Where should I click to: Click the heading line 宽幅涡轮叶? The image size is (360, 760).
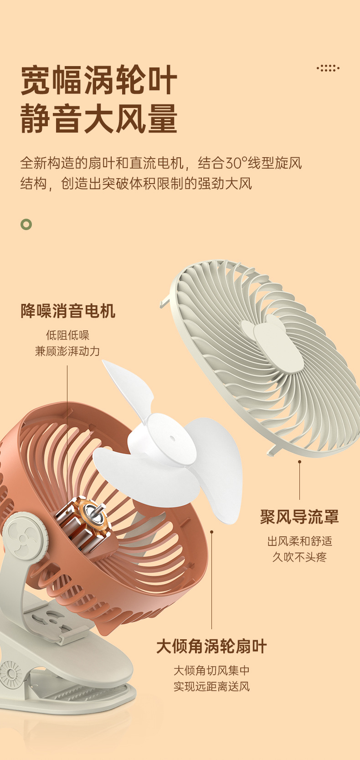pyautogui.click(x=99, y=80)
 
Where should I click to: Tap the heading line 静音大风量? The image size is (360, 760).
pyautogui.click(x=99, y=118)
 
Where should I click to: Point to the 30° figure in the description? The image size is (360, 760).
pyautogui.click(x=236, y=163)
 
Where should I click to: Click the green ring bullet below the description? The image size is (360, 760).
pyautogui.click(x=26, y=224)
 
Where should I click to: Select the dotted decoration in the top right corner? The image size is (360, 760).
pyautogui.click(x=328, y=68)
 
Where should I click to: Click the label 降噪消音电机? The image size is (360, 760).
pyautogui.click(x=68, y=311)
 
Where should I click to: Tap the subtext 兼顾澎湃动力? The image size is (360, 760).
pyautogui.click(x=67, y=351)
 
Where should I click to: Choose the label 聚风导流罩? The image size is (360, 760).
pyautogui.click(x=299, y=517)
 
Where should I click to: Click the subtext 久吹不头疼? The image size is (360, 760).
pyautogui.click(x=299, y=557)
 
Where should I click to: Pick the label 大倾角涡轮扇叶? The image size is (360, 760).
pyautogui.click(x=211, y=646)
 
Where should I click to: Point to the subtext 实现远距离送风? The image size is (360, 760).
pyautogui.click(x=211, y=686)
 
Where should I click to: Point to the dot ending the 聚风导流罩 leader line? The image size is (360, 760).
pyautogui.click(x=299, y=462)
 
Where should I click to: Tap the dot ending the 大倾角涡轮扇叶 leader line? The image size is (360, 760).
pyautogui.click(x=211, y=531)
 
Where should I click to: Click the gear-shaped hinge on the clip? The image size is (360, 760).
pyautogui.click(x=10, y=673)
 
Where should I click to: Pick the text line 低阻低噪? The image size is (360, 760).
pyautogui.click(x=67, y=335)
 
